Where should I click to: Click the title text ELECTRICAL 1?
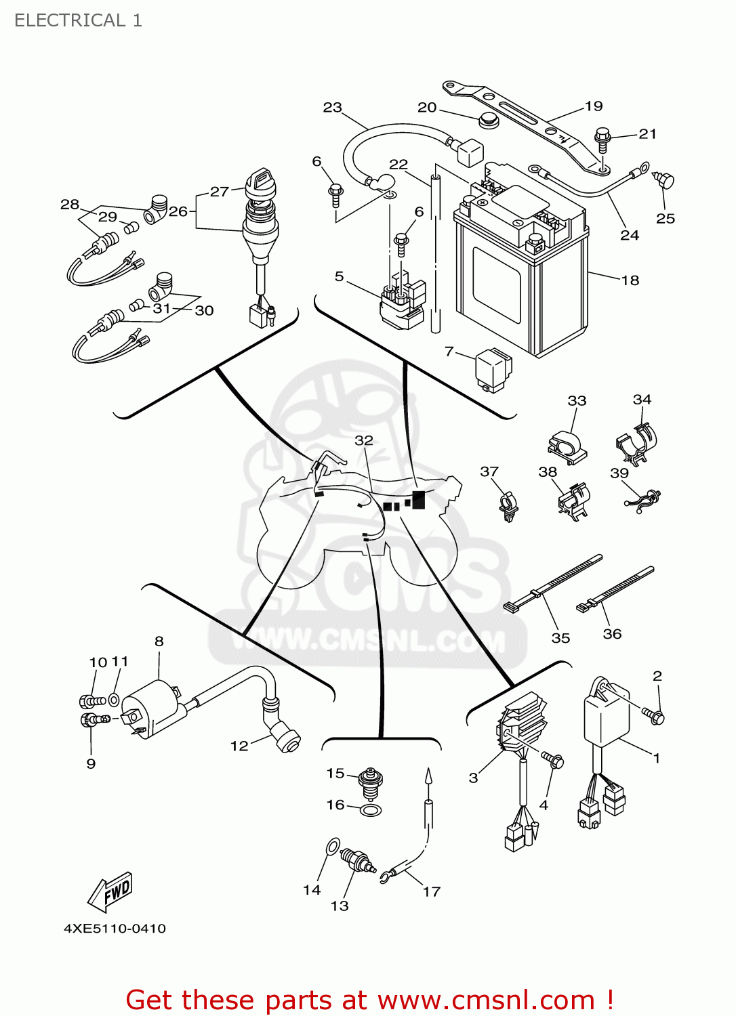[78, 20]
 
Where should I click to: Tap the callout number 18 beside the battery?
[630, 280]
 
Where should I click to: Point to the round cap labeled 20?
[487, 122]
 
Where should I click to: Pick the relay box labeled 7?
[494, 369]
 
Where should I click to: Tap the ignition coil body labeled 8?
[152, 708]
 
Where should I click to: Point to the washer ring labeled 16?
[370, 810]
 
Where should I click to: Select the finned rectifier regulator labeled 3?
[523, 724]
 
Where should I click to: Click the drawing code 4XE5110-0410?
[115, 928]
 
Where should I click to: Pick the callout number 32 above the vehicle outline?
[364, 440]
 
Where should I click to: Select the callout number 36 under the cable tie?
[612, 634]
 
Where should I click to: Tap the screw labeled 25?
[665, 182]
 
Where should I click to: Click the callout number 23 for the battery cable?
[332, 108]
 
